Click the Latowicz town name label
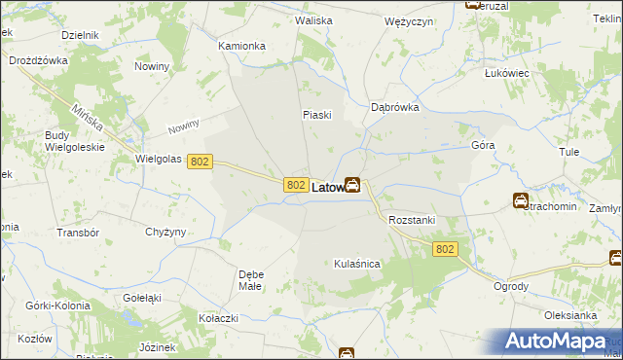point(329,186)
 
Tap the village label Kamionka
point(241,46)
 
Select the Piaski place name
point(317,115)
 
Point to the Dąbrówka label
point(395,108)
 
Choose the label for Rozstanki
point(411,221)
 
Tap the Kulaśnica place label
point(356,264)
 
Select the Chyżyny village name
point(165,232)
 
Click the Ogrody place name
point(511,286)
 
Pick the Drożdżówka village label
point(37,60)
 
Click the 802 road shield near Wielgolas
point(200,162)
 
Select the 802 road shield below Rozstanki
point(445,250)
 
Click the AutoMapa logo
point(557,342)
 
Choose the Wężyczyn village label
point(408,21)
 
